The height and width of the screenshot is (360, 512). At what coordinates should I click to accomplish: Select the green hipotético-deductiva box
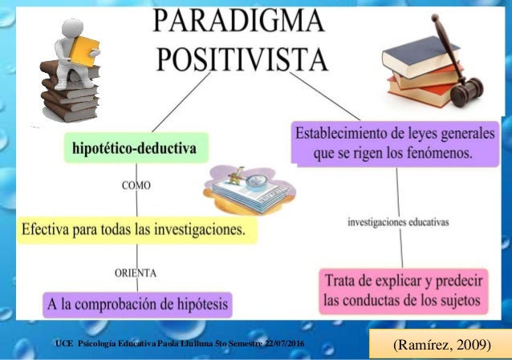point(134,149)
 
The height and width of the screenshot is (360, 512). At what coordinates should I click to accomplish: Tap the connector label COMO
point(137,185)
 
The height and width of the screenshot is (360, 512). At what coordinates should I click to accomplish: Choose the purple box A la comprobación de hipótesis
point(136,304)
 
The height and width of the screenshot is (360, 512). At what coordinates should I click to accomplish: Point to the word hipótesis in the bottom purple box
point(201,304)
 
